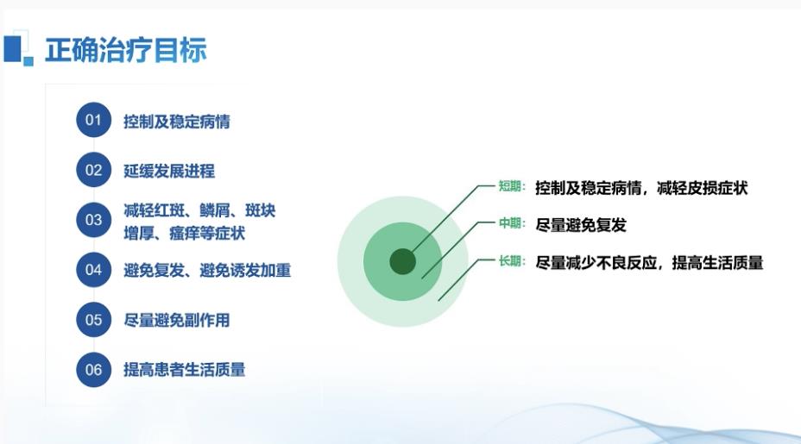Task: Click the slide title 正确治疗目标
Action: [126, 50]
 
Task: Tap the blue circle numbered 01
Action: [93, 120]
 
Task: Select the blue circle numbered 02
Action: [93, 170]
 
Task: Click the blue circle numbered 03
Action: [93, 220]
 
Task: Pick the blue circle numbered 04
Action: [93, 270]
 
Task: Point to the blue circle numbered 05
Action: [93, 320]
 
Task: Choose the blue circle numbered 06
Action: [93, 370]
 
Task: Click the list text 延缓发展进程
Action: [169, 171]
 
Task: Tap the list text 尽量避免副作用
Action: [176, 321]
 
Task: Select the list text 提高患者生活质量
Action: [184, 370]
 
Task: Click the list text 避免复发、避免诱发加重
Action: [207, 271]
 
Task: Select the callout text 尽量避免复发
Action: [581, 225]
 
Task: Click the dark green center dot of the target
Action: [402, 261]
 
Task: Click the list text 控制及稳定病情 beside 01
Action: [176, 122]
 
